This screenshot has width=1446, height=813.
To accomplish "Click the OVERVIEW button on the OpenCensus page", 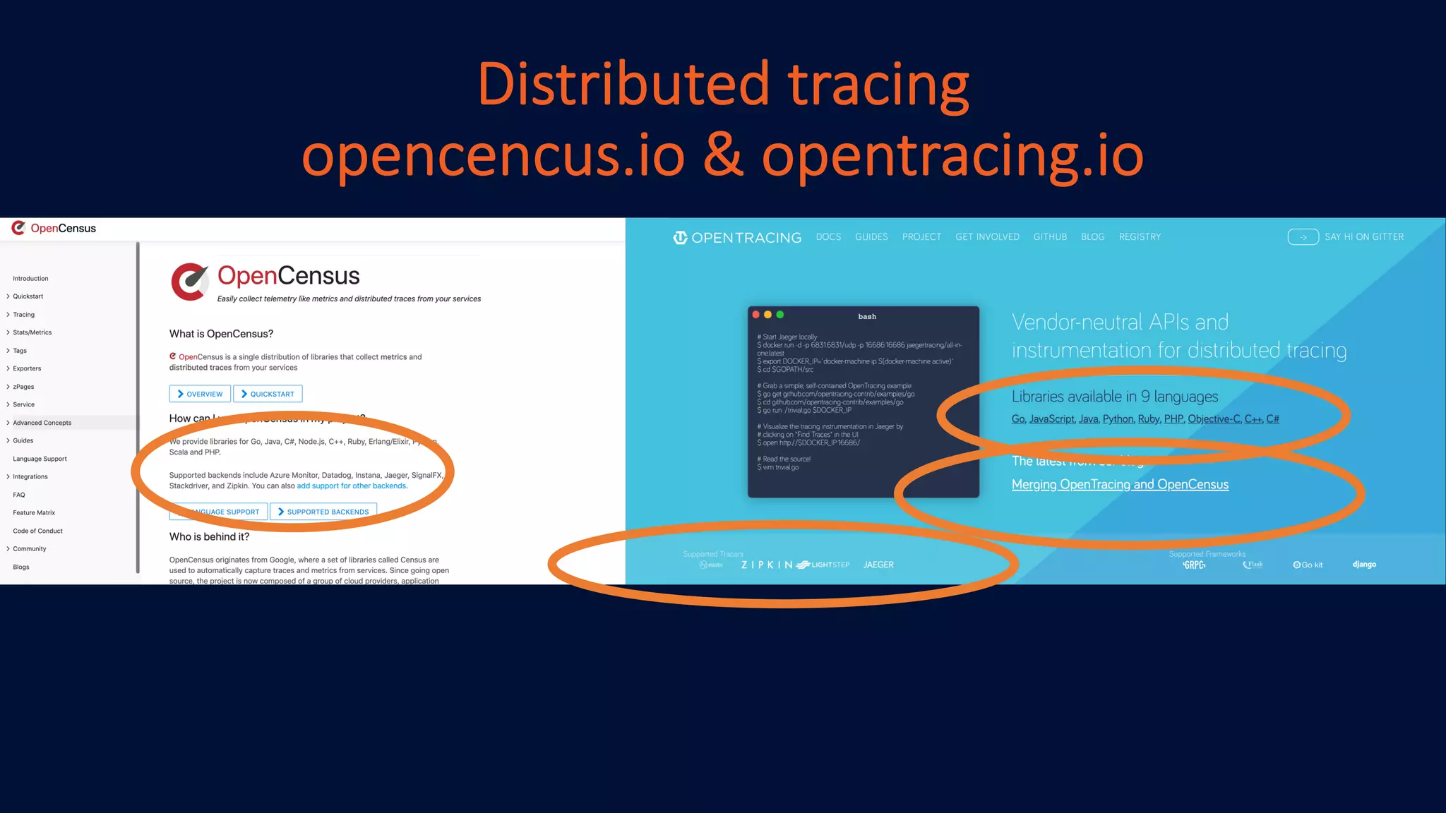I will [x=200, y=394].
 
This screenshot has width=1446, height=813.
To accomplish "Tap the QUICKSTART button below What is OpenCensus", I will [x=268, y=394].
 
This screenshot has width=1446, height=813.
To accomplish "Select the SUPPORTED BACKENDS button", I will [x=323, y=512].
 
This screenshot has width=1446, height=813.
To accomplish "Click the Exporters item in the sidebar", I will [x=27, y=368].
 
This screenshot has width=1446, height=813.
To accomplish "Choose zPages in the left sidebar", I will [x=23, y=387].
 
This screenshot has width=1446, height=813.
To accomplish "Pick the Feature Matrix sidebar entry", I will [x=34, y=512].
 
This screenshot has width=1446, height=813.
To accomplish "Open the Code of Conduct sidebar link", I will [x=37, y=531].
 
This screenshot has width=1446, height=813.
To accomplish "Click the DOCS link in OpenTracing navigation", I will [x=828, y=237].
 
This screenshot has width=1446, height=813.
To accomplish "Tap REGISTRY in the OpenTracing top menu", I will [x=1140, y=237].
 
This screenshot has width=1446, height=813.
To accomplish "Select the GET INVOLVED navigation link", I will [x=987, y=237].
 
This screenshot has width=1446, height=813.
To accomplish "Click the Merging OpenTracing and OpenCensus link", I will [x=1120, y=484].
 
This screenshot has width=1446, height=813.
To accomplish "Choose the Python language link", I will [x=1118, y=419].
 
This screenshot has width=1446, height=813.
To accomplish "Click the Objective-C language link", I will [x=1214, y=419].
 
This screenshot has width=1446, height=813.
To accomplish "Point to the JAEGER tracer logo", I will [x=878, y=565].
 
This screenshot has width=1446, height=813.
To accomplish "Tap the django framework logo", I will [x=1364, y=565].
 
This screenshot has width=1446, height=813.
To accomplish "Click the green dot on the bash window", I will [x=780, y=315].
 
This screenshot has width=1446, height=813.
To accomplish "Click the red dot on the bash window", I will [x=756, y=315].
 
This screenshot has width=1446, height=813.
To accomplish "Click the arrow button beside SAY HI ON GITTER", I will [x=1303, y=237].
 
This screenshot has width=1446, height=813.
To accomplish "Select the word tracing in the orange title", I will [x=878, y=85].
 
